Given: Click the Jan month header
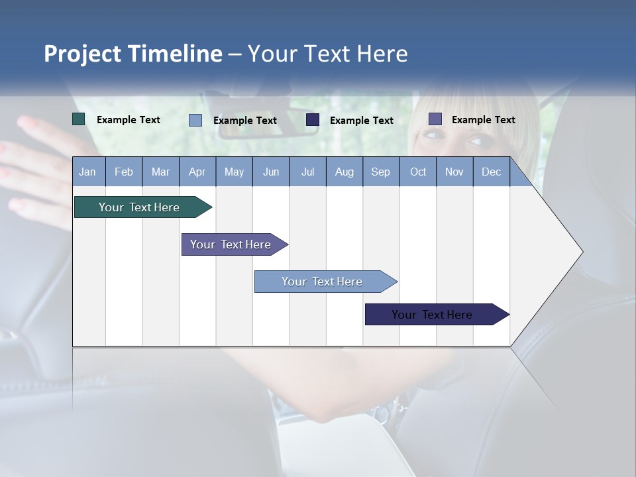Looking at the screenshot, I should coord(88,172).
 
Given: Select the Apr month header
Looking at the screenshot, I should coord(197,172).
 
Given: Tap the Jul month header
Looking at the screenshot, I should coord(307,172).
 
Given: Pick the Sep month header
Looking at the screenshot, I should coord(381,172).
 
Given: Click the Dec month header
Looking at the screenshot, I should coord(491,172).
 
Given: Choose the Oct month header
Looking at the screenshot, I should coord(418,172).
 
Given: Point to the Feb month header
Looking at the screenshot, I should coord(124,172).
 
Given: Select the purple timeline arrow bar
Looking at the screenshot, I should coord(232,244).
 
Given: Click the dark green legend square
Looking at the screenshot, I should coord(79,119).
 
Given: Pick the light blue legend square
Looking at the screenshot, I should coord(195,120).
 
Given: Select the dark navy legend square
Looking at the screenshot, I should coord(313,119).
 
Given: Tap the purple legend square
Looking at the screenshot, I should coord(435,119).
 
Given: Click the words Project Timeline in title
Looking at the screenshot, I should coord(132,54).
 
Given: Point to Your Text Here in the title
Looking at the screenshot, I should coord(328,54).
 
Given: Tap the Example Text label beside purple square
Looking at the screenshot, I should coord(483,120).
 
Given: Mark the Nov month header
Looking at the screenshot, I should coord(454,172).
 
